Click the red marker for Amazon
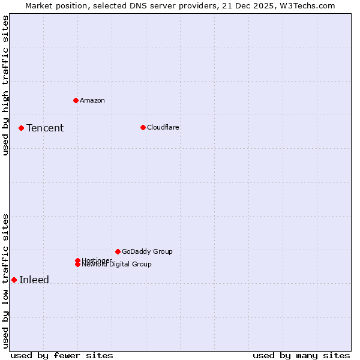pyautogui.click(x=76, y=100)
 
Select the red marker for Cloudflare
pyautogui.click(x=143, y=127)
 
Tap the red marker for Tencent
pyautogui.click(x=21, y=128)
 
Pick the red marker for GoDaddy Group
pyautogui.click(x=118, y=251)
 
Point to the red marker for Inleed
pyautogui.click(x=14, y=280)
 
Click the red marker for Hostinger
pyautogui.click(x=77, y=260)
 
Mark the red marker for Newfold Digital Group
pyautogui.click(x=77, y=264)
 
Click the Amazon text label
pyautogui.click(x=92, y=100)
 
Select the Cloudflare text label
pyautogui.click(x=163, y=127)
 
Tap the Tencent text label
pyautogui.click(x=45, y=128)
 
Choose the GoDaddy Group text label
pyautogui.click(x=147, y=251)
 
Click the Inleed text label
pyautogui.click(x=34, y=280)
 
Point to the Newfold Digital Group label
pyautogui.click(x=118, y=265)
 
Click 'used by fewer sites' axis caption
pyautogui.click(x=62, y=355)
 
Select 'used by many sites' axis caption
pyautogui.click(x=301, y=355)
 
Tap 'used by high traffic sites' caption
pyautogui.click(x=5, y=85)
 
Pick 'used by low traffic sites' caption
pyautogui.click(x=5, y=281)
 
